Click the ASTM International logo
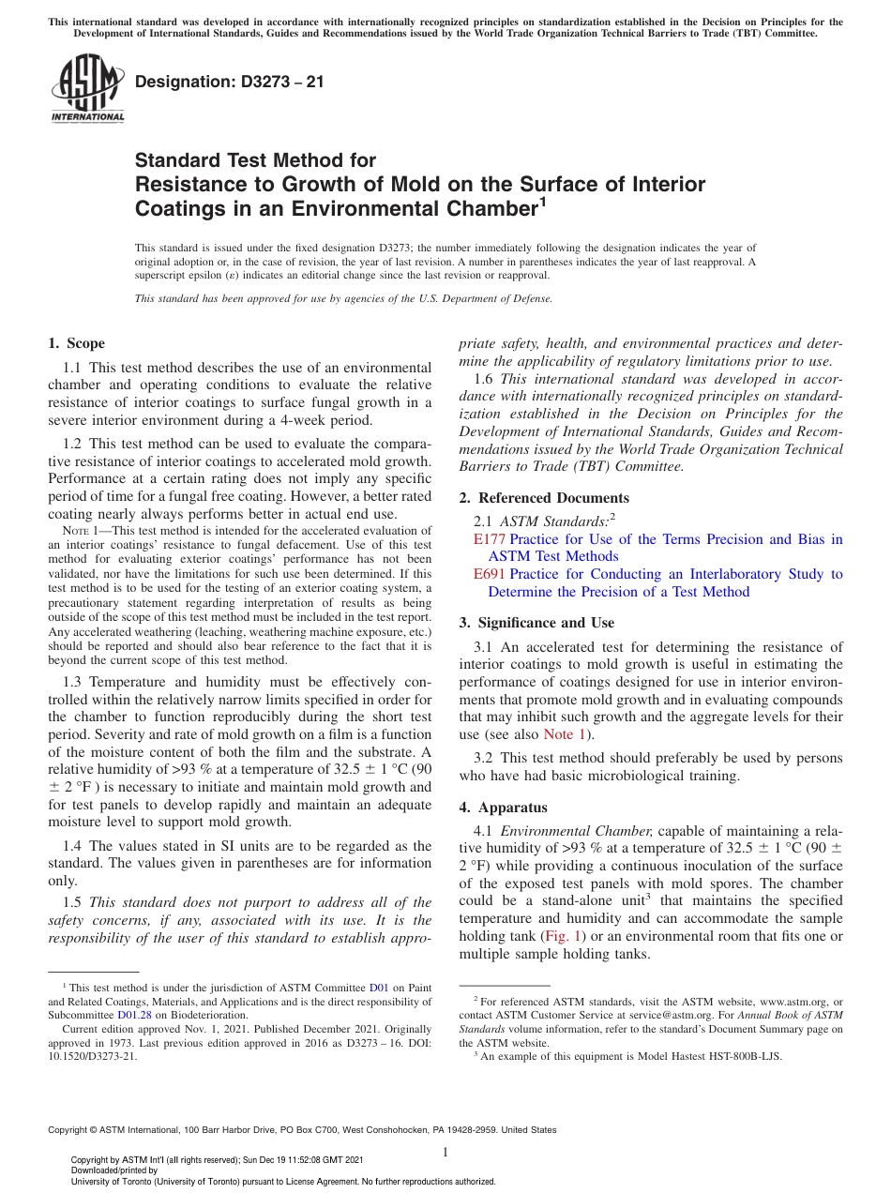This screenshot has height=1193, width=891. [87, 89]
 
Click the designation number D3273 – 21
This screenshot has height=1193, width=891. [230, 82]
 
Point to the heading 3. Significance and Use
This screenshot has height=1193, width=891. [536, 623]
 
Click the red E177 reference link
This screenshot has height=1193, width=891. [490, 539]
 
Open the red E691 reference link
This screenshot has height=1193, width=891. [490, 574]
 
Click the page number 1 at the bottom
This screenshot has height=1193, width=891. [445, 1153]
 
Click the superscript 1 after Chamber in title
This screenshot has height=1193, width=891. [541, 201]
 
